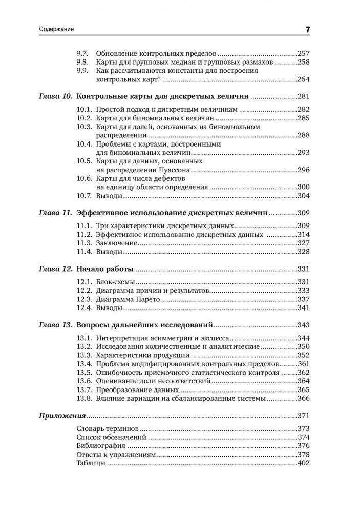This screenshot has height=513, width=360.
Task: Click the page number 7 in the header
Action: click(308, 30)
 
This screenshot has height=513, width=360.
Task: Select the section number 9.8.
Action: click(83, 61)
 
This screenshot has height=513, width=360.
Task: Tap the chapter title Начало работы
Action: click(104, 269)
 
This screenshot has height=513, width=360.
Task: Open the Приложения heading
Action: click(61, 416)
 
